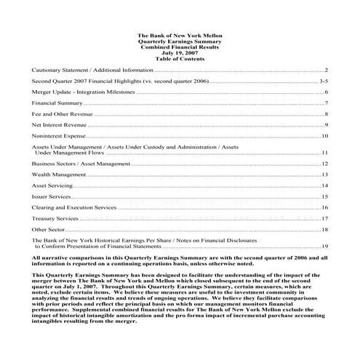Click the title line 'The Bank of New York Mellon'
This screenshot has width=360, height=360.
[180, 36]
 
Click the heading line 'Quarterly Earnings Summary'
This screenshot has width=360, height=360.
[180, 41]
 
